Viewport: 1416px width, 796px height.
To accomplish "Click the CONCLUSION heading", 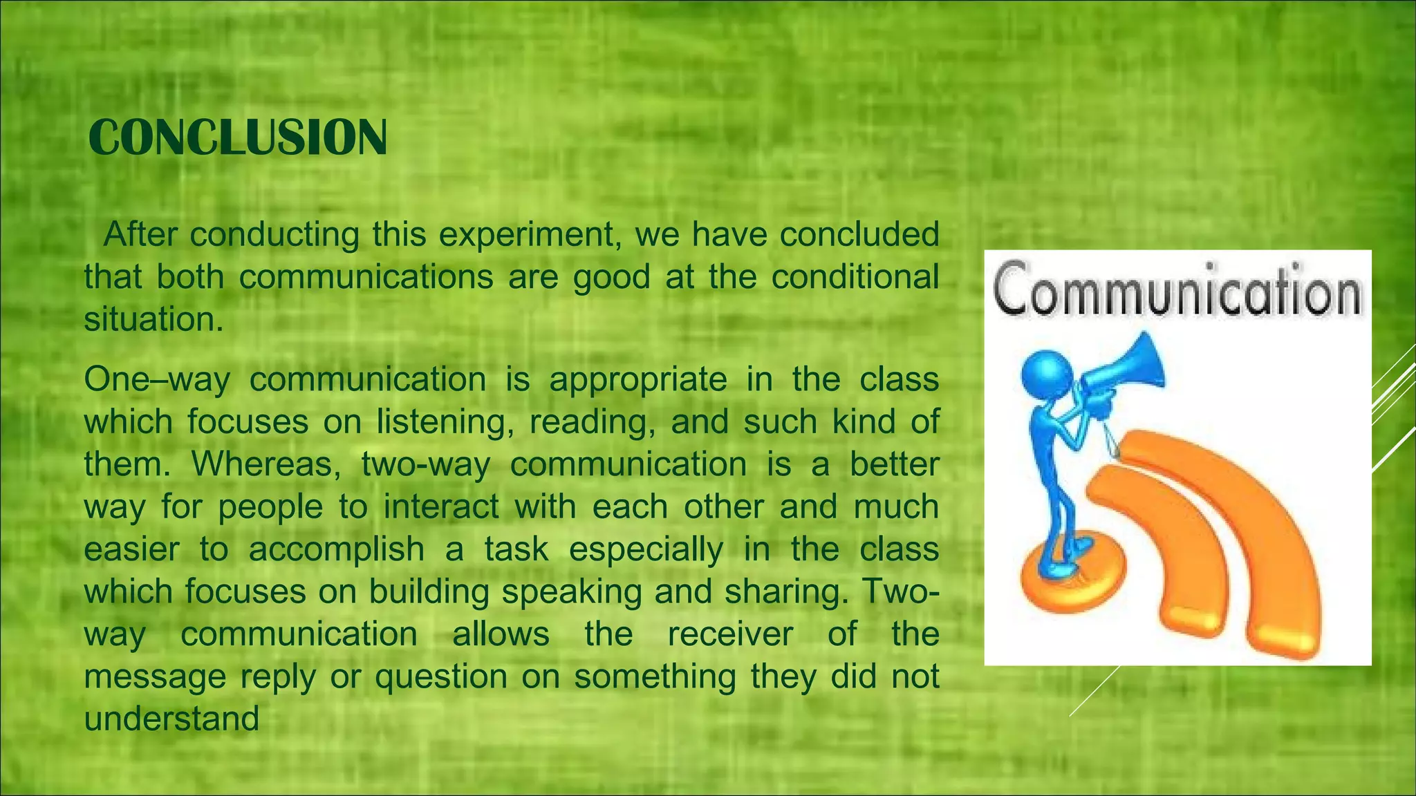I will (x=237, y=138).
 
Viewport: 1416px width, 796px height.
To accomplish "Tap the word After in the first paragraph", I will (x=140, y=235).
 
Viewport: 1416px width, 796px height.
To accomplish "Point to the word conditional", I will (x=855, y=277).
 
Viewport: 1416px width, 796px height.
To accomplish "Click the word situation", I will (x=153, y=319).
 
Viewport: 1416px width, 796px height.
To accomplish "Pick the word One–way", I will (x=157, y=379).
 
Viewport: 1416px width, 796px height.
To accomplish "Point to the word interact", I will (x=441, y=506).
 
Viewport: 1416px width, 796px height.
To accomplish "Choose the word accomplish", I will (x=337, y=549).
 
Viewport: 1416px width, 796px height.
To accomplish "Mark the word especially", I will (x=646, y=549).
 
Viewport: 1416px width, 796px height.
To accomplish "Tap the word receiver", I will (x=730, y=634).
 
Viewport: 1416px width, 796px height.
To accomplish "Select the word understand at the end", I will (x=171, y=719).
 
